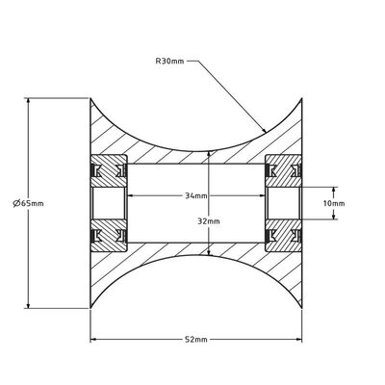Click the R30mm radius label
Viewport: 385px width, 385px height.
coord(169,62)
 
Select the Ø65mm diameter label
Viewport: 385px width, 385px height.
coord(28,203)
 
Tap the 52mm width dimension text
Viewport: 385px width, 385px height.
coord(196,340)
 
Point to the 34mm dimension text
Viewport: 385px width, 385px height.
coord(196,195)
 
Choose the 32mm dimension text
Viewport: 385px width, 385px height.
coord(209,221)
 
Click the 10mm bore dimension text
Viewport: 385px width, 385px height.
coord(334,203)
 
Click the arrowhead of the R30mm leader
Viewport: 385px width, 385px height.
coord(264,130)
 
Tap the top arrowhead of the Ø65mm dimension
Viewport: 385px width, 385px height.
coord(28,101)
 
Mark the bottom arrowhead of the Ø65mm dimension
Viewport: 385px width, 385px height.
coord(28,305)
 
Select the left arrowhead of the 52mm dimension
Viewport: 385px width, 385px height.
coord(94,340)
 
